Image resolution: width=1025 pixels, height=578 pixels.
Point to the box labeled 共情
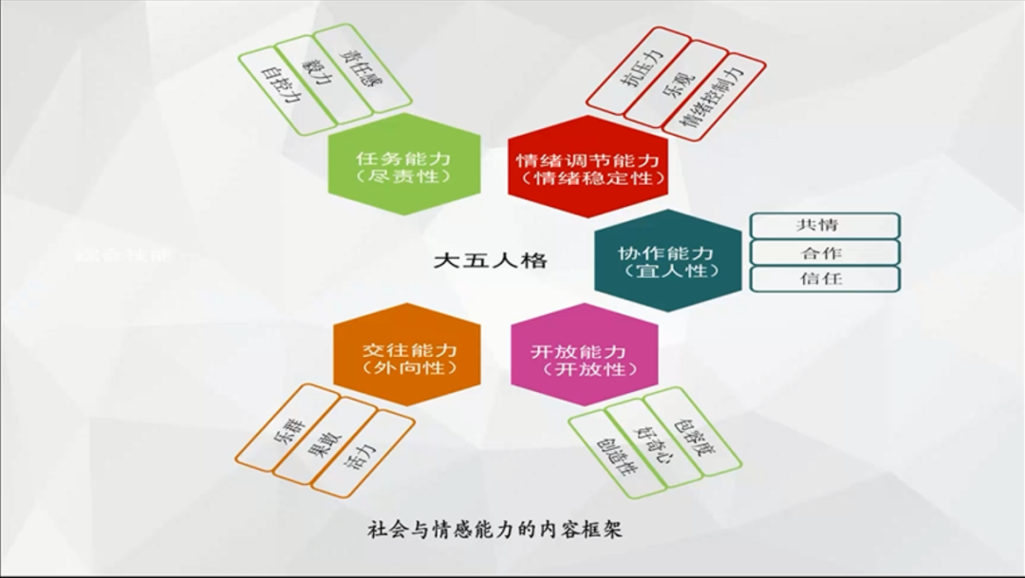point(824,226)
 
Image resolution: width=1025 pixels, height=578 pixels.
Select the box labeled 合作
point(824,252)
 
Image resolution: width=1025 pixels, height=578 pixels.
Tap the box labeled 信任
point(824,279)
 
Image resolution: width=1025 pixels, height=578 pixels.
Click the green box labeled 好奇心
point(656,441)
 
